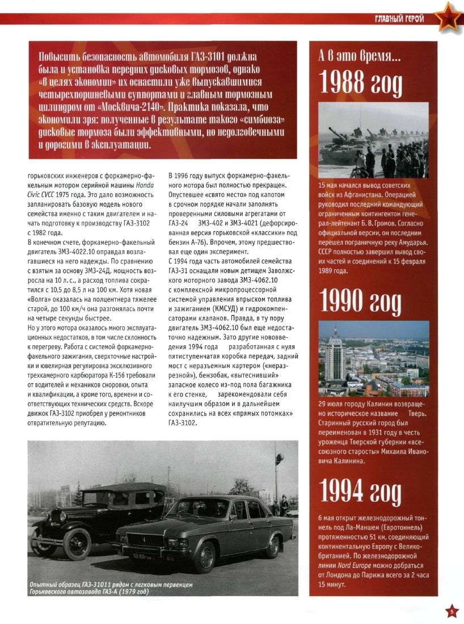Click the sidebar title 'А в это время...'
[359, 56]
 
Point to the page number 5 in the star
[451, 612]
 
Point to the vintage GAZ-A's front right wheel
[77, 544]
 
